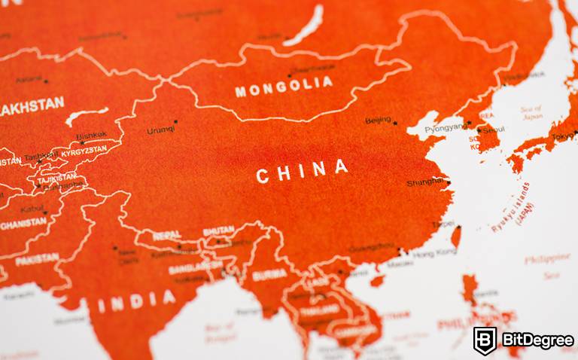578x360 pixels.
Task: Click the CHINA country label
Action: [302, 172]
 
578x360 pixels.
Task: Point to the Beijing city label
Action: [378, 121]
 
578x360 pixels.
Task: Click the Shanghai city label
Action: [425, 183]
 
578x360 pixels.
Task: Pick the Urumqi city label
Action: [160, 130]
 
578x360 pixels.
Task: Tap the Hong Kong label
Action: [435, 252]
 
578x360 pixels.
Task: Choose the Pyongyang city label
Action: [446, 129]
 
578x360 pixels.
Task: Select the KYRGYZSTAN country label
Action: [85, 151]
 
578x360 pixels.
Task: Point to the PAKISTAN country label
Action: [36, 258]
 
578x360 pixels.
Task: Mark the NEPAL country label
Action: [166, 235]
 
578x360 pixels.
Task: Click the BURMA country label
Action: [269, 275]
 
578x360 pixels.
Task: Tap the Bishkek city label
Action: [92, 136]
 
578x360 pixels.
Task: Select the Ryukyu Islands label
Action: [512, 206]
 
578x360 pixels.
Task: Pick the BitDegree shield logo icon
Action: [485, 340]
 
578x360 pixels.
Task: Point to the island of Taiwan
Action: [455, 237]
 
